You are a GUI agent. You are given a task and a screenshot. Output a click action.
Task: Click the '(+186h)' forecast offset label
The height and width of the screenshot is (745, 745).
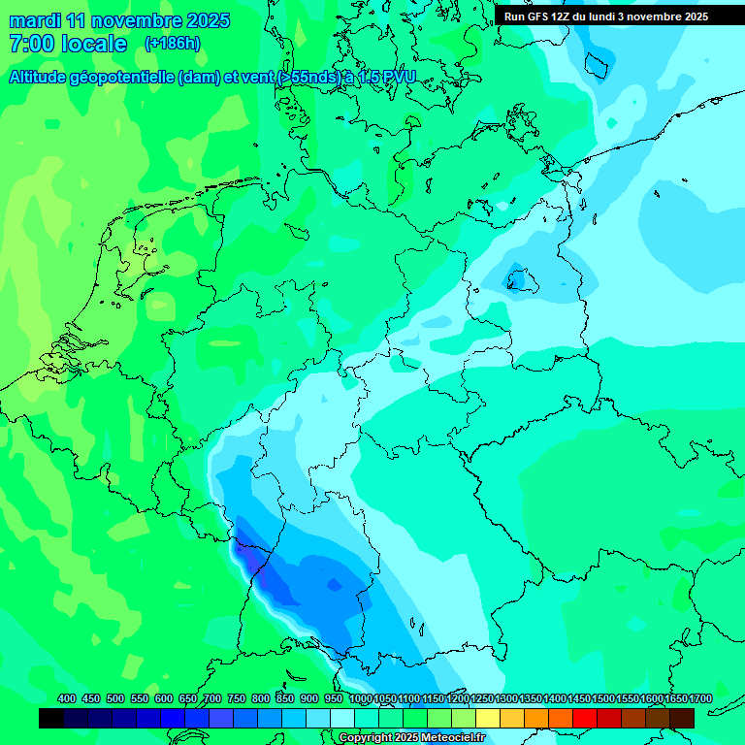tap(173, 43)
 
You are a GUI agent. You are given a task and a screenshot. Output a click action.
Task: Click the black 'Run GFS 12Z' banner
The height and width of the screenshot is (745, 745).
tap(620, 16)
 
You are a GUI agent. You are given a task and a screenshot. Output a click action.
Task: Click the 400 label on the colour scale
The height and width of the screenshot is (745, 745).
tap(67, 698)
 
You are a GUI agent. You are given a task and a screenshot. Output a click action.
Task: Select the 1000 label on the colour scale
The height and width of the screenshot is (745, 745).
tap(360, 698)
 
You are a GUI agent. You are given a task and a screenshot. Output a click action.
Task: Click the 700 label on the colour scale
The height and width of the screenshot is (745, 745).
tap(212, 698)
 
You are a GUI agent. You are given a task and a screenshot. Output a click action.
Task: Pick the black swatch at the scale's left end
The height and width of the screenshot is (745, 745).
tap(51, 718)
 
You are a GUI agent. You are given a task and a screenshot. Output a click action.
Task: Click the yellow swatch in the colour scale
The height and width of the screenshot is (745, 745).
tap(488, 718)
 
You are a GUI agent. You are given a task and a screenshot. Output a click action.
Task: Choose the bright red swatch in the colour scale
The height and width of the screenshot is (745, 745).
tap(585, 718)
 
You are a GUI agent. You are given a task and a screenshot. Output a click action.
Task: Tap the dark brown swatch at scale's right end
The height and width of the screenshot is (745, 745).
tap(682, 718)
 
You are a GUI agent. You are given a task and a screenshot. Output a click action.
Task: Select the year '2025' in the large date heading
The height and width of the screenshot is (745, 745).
tap(205, 20)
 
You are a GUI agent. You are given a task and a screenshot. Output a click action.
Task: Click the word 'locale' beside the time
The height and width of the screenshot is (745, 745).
tap(95, 44)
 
